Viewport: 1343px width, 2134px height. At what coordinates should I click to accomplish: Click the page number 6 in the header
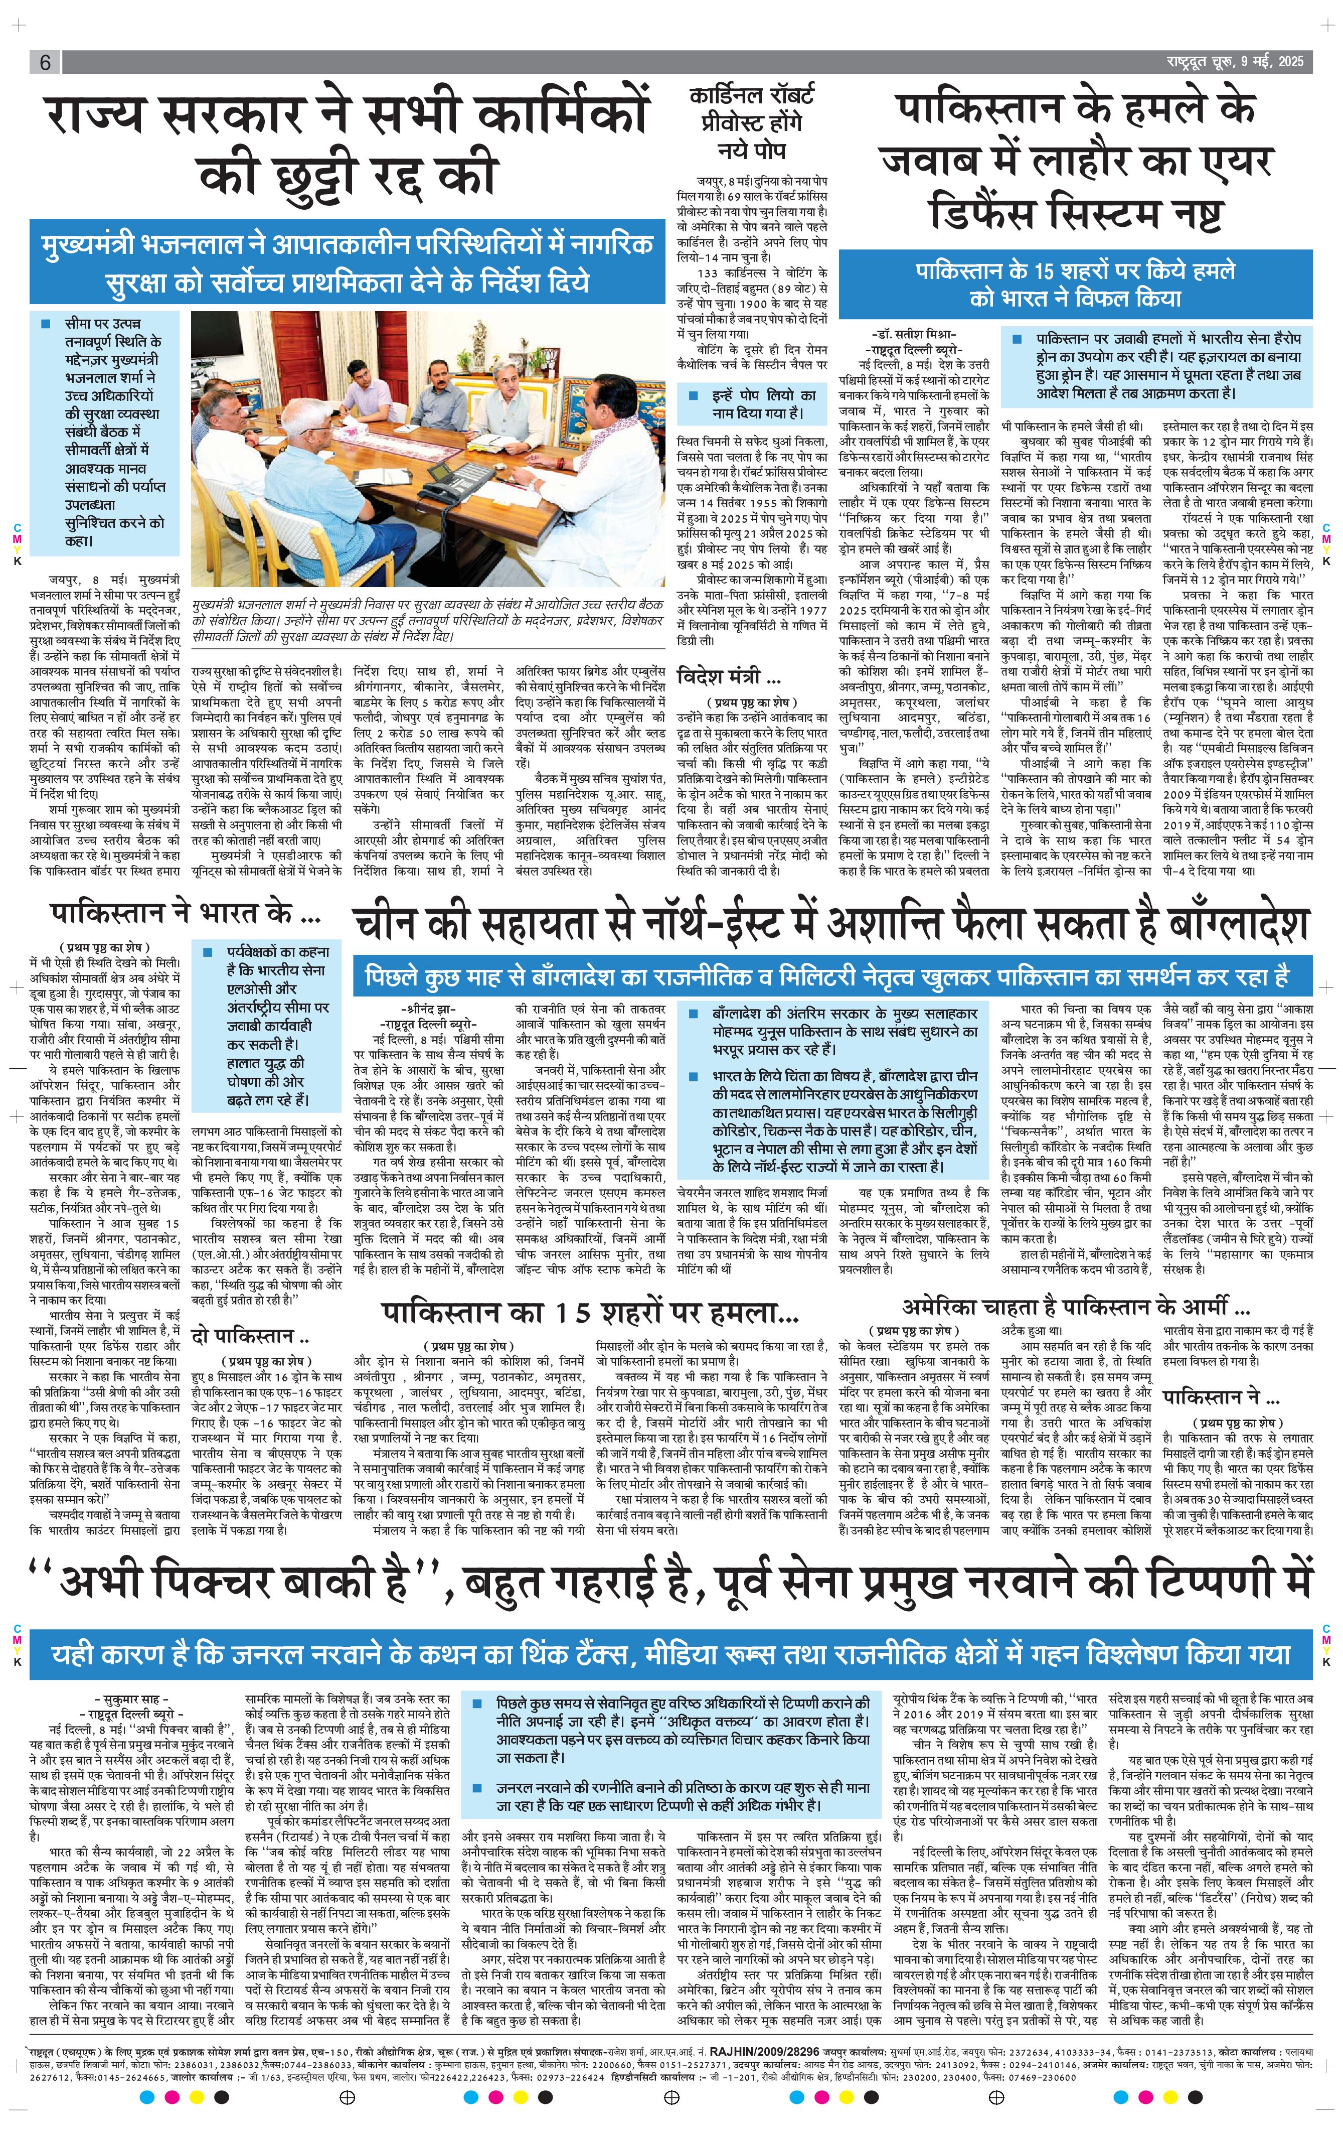pos(44,62)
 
